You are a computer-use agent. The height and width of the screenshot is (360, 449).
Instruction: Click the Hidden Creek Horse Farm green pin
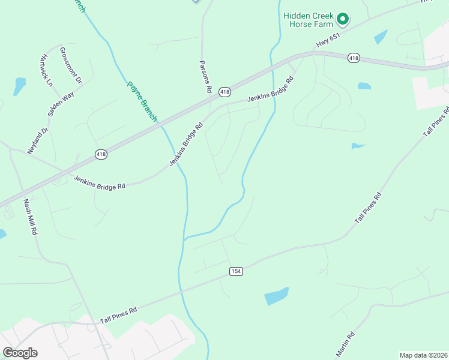pyautogui.click(x=343, y=19)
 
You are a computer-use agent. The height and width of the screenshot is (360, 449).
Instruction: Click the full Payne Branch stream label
pyautogui.click(x=142, y=101)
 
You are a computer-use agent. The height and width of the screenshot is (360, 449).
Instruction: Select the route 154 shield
pyautogui.click(x=236, y=271)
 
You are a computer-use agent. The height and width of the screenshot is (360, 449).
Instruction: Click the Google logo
pyautogui.click(x=20, y=352)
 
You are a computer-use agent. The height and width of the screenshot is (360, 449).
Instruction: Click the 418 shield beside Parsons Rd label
pyautogui.click(x=224, y=92)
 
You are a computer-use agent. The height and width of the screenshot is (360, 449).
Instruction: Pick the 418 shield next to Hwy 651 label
pyautogui.click(x=354, y=58)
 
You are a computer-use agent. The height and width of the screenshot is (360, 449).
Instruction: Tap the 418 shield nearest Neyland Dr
pyautogui.click(x=101, y=155)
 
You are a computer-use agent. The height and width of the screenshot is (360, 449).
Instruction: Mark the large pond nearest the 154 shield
pyautogui.click(x=276, y=295)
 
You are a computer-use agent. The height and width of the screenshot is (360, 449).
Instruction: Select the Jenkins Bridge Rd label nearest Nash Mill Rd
pyautogui.click(x=100, y=182)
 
